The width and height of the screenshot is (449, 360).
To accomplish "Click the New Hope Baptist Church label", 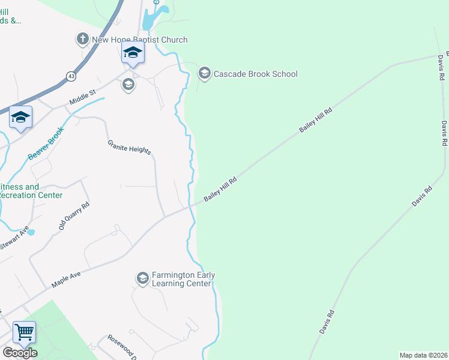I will tap(139, 40).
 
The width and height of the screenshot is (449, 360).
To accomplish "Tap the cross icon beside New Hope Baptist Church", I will tap(82, 40).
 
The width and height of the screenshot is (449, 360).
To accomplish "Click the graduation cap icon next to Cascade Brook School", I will tap(204, 74).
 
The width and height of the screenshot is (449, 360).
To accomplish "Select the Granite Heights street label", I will tap(129, 147).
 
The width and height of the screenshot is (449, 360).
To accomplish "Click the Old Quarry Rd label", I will tap(74, 217).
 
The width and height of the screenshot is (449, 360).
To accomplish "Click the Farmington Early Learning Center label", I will tap(182, 279).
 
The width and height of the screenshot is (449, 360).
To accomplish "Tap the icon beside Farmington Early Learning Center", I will tap(142, 278).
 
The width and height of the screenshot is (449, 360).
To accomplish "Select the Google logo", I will tap(20, 353).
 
